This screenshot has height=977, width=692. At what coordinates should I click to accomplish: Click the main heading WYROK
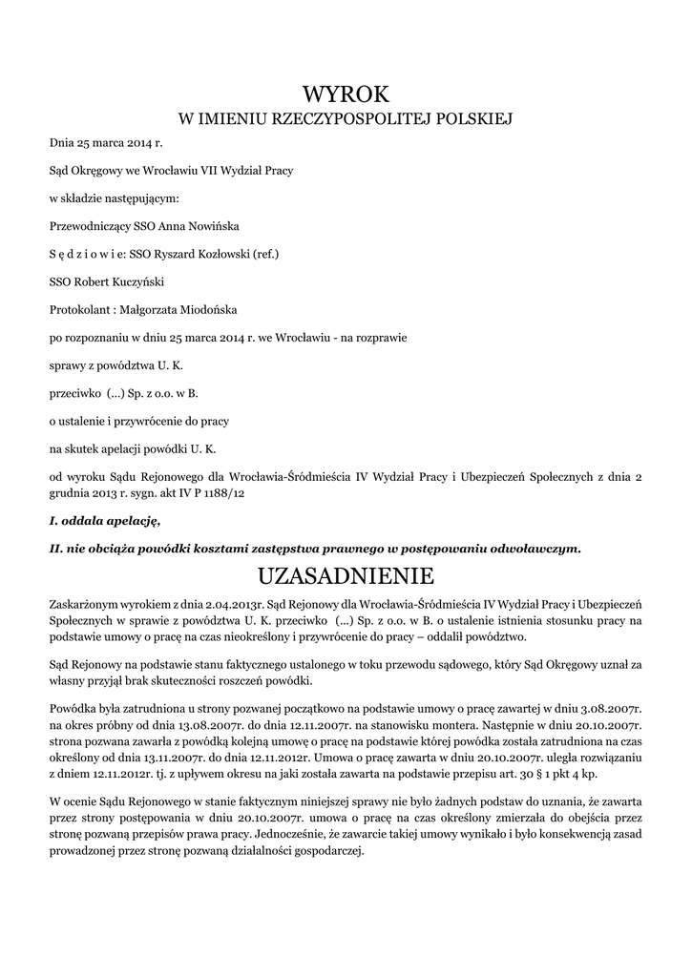point(346,94)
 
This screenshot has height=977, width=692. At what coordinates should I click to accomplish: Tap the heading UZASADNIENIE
point(346,576)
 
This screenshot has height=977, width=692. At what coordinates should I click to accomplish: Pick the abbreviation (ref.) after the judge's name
point(263,254)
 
